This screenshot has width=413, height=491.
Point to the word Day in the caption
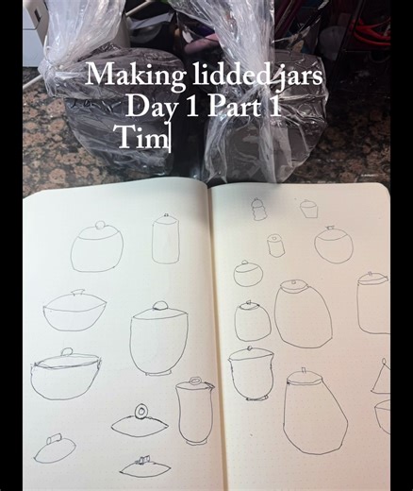[151, 106]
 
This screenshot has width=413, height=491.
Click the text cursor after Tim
[169, 138]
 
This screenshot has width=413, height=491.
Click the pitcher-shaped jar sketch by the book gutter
[193, 410]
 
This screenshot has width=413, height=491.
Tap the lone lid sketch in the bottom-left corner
[54, 449]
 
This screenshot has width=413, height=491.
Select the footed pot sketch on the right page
[251, 373]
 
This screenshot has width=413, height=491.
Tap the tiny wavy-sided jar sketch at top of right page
[258, 209]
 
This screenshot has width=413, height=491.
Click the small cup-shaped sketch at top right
[309, 208]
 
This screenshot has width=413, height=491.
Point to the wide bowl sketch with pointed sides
[74, 311]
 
